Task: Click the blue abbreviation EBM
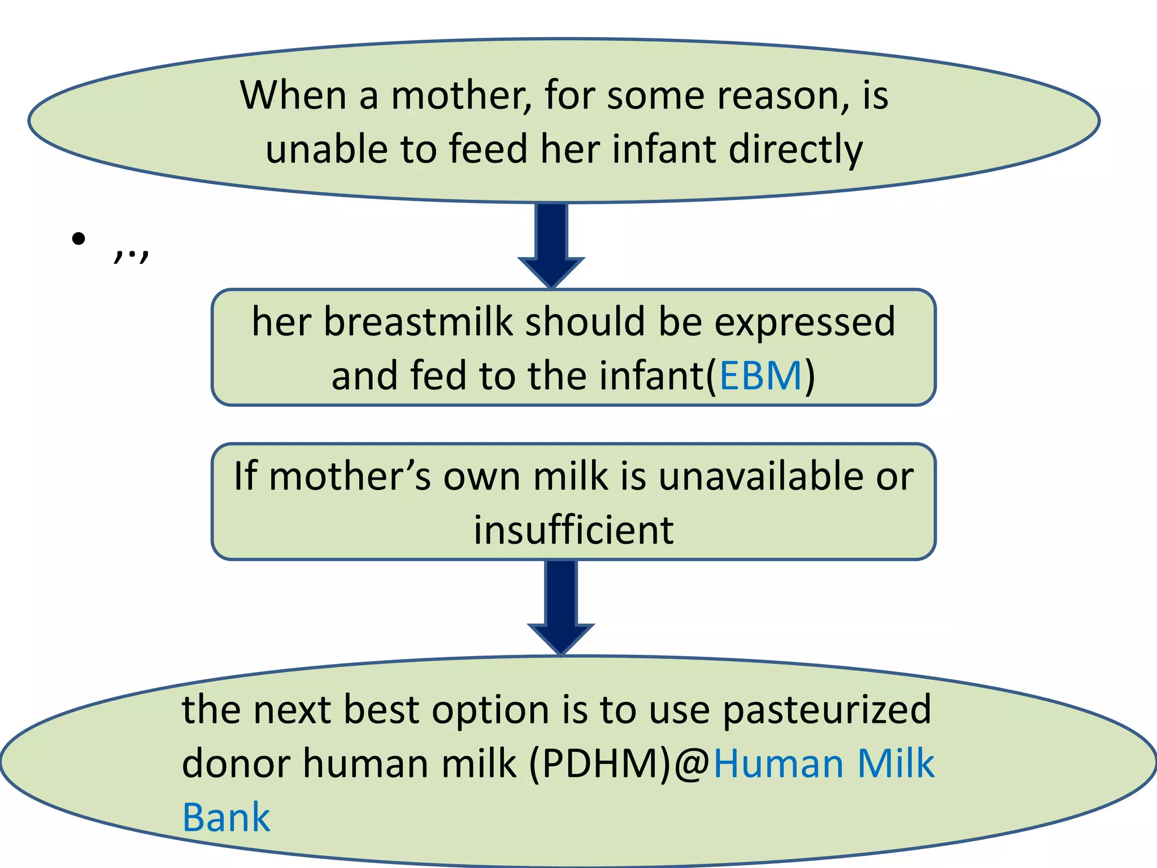(x=760, y=376)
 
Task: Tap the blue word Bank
(x=227, y=818)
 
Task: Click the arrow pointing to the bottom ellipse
(x=560, y=607)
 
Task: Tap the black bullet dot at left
(x=79, y=239)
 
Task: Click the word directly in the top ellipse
(x=795, y=149)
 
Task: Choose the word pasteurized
(x=827, y=710)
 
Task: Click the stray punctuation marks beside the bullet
(x=131, y=254)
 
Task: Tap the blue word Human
(x=779, y=763)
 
